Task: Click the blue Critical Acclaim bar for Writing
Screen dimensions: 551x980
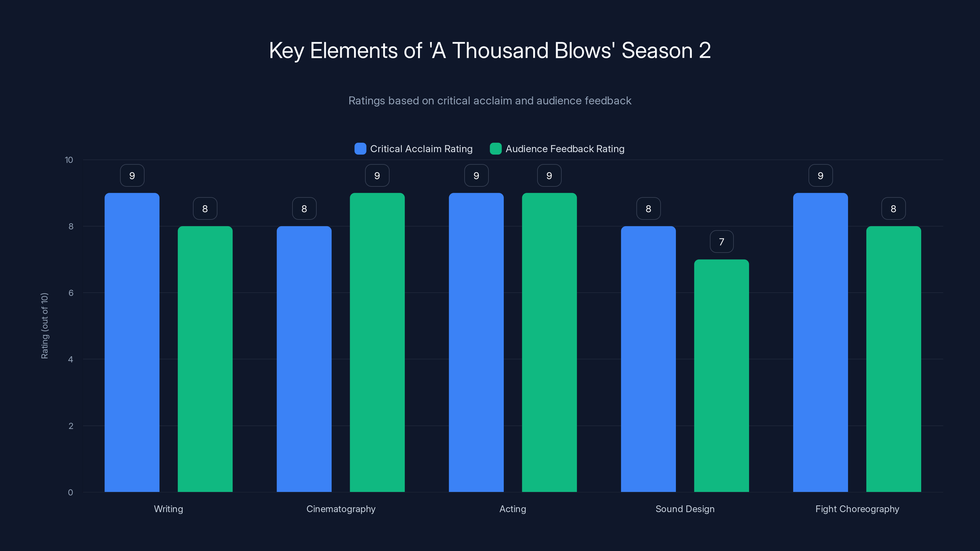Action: tap(132, 342)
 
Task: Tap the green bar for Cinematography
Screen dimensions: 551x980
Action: tap(377, 342)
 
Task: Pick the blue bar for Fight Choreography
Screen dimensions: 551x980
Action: tap(820, 342)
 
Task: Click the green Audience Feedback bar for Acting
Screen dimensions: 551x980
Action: tap(549, 342)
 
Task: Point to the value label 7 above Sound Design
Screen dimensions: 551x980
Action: tap(721, 242)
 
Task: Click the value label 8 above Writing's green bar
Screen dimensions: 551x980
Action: tap(205, 209)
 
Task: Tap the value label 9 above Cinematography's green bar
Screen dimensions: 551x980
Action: tap(377, 176)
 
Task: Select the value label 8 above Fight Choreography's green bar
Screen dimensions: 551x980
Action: tap(893, 209)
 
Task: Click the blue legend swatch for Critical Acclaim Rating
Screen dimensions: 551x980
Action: tap(360, 149)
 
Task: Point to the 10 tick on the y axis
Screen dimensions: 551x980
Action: tap(69, 160)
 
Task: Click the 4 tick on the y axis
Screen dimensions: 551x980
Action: tap(70, 359)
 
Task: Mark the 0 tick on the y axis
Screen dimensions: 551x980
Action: tap(70, 493)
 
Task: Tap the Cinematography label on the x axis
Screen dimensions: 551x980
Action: tap(341, 509)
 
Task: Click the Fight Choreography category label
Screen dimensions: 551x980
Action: tap(857, 509)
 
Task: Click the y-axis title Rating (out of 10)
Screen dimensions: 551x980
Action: tap(44, 326)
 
